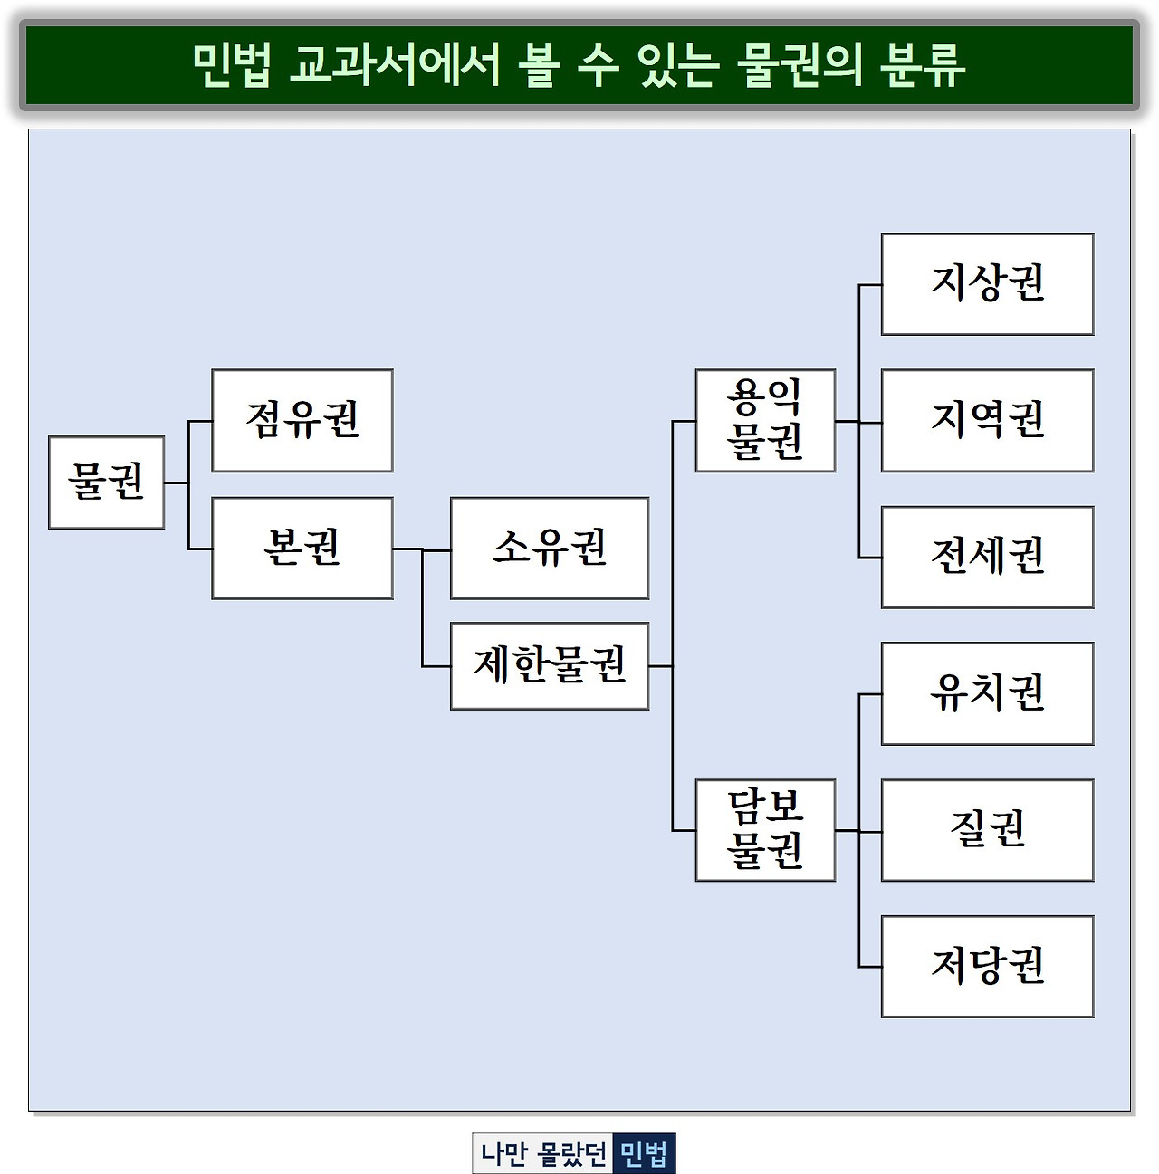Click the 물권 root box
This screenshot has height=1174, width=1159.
[x=106, y=482]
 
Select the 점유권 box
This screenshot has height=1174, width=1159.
[x=302, y=420]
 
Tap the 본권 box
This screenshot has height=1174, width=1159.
[x=302, y=548]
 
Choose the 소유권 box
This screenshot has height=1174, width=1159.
[x=550, y=548]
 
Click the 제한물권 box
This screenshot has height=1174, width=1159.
[x=550, y=665]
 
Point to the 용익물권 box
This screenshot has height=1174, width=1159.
[x=765, y=420]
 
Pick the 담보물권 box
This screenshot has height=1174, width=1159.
[x=765, y=829]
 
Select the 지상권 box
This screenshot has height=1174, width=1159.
[x=987, y=284]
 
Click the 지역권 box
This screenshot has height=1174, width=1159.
[x=987, y=420]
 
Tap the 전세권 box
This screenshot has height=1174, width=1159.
[x=987, y=557]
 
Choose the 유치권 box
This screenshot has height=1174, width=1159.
[x=987, y=693]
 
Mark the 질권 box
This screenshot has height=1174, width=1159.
[x=987, y=829]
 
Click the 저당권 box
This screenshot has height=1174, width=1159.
[x=987, y=966]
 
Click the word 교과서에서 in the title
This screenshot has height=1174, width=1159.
[x=394, y=65]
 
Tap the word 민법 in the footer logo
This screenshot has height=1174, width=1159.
[x=644, y=1154]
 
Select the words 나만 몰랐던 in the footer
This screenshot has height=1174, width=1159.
[x=543, y=1154]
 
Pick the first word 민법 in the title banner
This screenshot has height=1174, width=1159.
[x=231, y=65]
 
